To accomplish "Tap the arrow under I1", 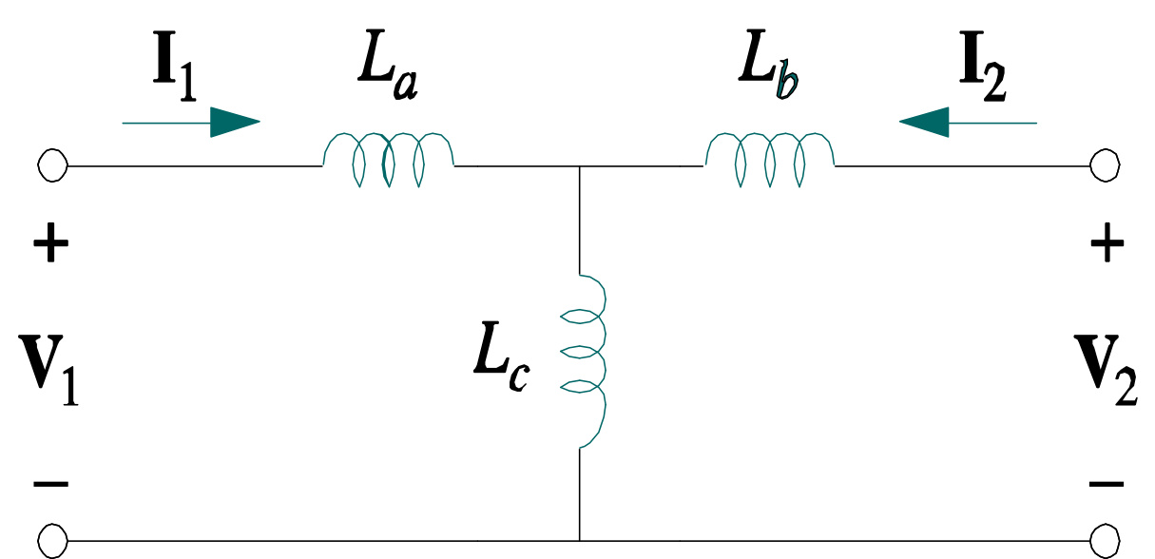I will point(191,122).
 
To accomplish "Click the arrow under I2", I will point(967,122).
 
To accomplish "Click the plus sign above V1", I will point(51,247).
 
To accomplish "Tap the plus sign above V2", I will point(1107,247).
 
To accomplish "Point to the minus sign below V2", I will point(1107,484).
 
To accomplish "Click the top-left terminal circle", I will point(52,166).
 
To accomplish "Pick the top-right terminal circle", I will point(1105,166).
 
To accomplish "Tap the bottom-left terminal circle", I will point(52,542).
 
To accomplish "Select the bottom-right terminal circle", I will point(1105,542).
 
